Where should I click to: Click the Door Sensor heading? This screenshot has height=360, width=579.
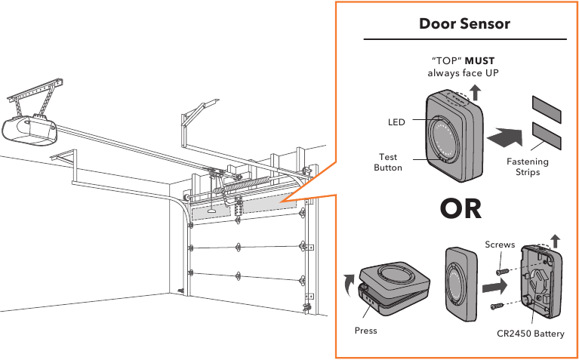coord(464,24)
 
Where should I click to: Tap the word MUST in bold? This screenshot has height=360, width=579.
coord(479,60)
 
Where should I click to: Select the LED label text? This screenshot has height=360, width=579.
coord(396,122)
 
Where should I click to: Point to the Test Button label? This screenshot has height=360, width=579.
coord(388,162)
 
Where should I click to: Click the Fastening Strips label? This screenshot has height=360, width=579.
coord(528,167)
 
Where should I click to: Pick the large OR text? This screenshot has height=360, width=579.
coord(460,208)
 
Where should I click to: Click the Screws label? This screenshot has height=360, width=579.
coord(500,245)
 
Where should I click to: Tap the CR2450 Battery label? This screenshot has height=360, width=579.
coord(530,334)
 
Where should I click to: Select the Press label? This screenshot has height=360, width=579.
coord(365,331)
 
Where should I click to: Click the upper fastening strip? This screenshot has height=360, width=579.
coord(547,109)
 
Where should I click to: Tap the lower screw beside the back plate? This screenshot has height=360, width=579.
coord(497,306)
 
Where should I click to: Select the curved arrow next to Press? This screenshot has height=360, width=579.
coord(348,285)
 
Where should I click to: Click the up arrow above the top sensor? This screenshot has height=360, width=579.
coord(475,93)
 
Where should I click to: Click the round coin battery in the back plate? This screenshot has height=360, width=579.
coord(546,281)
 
